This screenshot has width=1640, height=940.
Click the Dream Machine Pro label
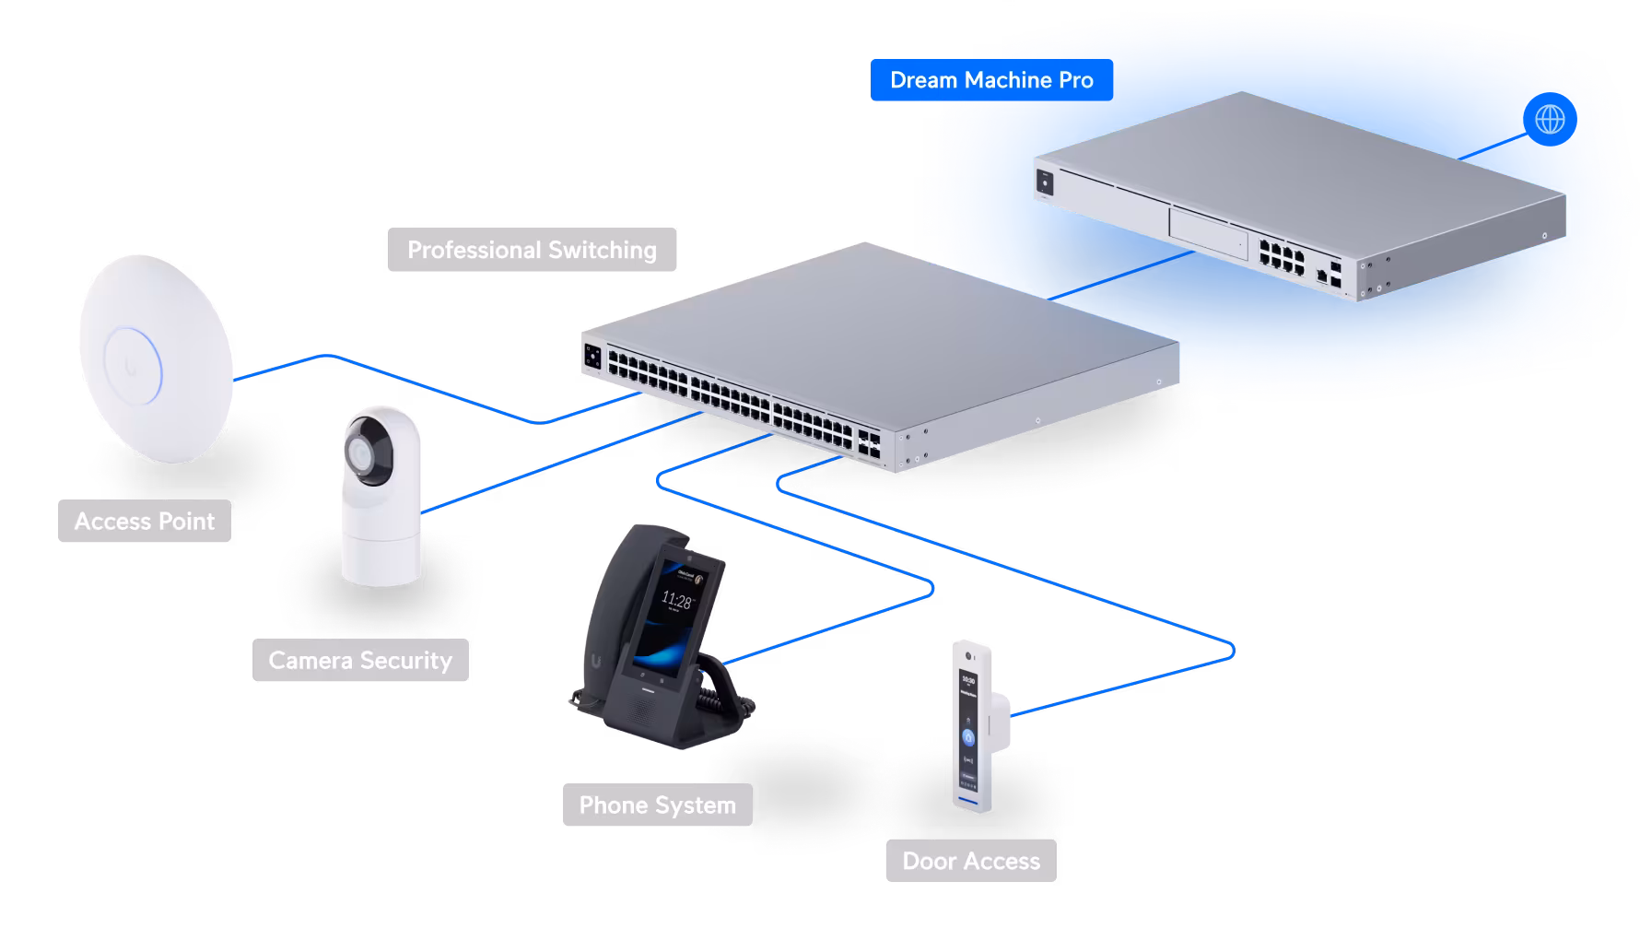click(x=990, y=80)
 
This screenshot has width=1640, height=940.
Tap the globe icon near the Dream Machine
click(x=1550, y=120)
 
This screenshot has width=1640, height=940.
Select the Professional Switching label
click(x=532, y=250)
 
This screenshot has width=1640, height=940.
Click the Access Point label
click(x=145, y=522)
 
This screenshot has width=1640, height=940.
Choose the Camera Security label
click(x=360, y=661)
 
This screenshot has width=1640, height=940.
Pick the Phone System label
click(x=657, y=805)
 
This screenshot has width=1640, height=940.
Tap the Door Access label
click(x=971, y=862)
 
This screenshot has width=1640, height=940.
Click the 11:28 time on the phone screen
click(x=676, y=602)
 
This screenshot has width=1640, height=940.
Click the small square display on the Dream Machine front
click(x=1045, y=182)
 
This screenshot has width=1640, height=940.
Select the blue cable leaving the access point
click(x=276, y=367)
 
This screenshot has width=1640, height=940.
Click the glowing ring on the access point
click(x=134, y=367)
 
